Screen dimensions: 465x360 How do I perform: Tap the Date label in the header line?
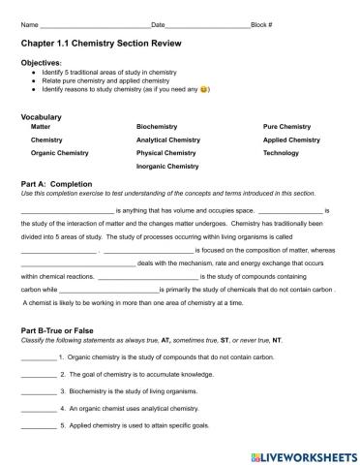pos(159,23)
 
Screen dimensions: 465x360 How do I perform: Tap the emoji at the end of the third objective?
pos(203,89)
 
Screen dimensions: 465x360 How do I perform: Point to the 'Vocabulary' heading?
pos(42,115)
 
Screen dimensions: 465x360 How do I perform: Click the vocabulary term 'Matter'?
pos(42,127)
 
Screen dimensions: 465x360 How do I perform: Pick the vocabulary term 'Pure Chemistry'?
pos(287,127)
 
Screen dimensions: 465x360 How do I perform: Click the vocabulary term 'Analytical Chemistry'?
pos(168,139)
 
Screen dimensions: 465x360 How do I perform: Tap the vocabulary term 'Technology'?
pos(282,152)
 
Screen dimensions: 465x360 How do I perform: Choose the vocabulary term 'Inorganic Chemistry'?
pos(167,166)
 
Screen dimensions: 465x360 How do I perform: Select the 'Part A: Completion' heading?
pos(56,183)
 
